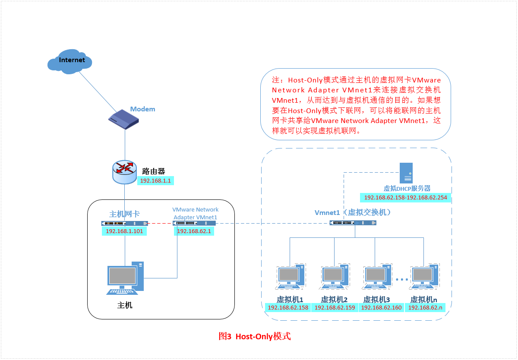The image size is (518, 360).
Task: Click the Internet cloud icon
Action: [x=70, y=61]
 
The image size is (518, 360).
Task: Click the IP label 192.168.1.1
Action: [x=156, y=181]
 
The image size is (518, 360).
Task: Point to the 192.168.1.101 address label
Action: [x=124, y=231]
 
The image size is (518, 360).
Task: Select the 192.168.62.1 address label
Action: [x=194, y=231]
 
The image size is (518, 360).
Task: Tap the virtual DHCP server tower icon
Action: [x=406, y=173]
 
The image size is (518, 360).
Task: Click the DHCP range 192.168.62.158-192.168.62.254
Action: [x=406, y=198]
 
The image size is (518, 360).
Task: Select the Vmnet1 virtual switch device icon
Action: [x=353, y=223]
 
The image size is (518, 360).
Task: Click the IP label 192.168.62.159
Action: [x=335, y=308]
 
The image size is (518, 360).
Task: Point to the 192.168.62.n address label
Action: [x=425, y=308]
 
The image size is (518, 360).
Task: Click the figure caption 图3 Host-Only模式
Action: [x=255, y=336]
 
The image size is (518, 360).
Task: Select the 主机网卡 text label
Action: [x=124, y=214]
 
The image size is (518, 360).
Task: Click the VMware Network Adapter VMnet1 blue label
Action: [x=195, y=213]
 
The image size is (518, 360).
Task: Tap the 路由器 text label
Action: [x=154, y=171]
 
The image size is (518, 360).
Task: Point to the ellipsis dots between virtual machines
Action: [x=401, y=280]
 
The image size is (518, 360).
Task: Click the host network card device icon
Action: [x=124, y=223]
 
